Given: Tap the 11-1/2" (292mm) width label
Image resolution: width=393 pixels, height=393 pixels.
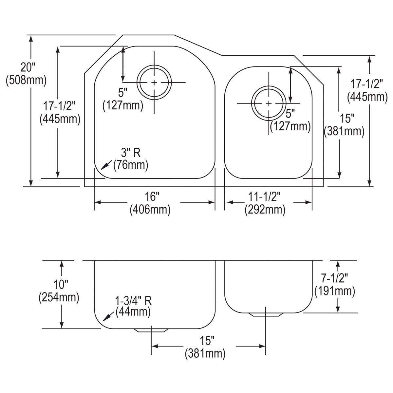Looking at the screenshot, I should [265, 203].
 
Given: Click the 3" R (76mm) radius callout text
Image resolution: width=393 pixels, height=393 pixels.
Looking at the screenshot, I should [131, 159].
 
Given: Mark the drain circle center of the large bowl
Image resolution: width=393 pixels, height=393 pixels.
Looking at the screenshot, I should [154, 82].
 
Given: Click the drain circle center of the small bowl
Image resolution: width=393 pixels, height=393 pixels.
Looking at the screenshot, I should [268, 103].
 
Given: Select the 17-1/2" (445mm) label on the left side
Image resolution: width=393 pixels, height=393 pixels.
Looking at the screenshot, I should [60, 112].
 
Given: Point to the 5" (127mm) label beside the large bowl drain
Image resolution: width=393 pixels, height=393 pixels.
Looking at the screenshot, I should [123, 99].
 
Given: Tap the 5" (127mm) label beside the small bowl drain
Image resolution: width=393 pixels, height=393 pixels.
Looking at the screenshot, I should [290, 120].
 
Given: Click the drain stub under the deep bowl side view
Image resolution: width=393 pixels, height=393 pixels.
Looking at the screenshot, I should [151, 330].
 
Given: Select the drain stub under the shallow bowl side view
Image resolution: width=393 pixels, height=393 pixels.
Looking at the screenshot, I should [266, 314].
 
